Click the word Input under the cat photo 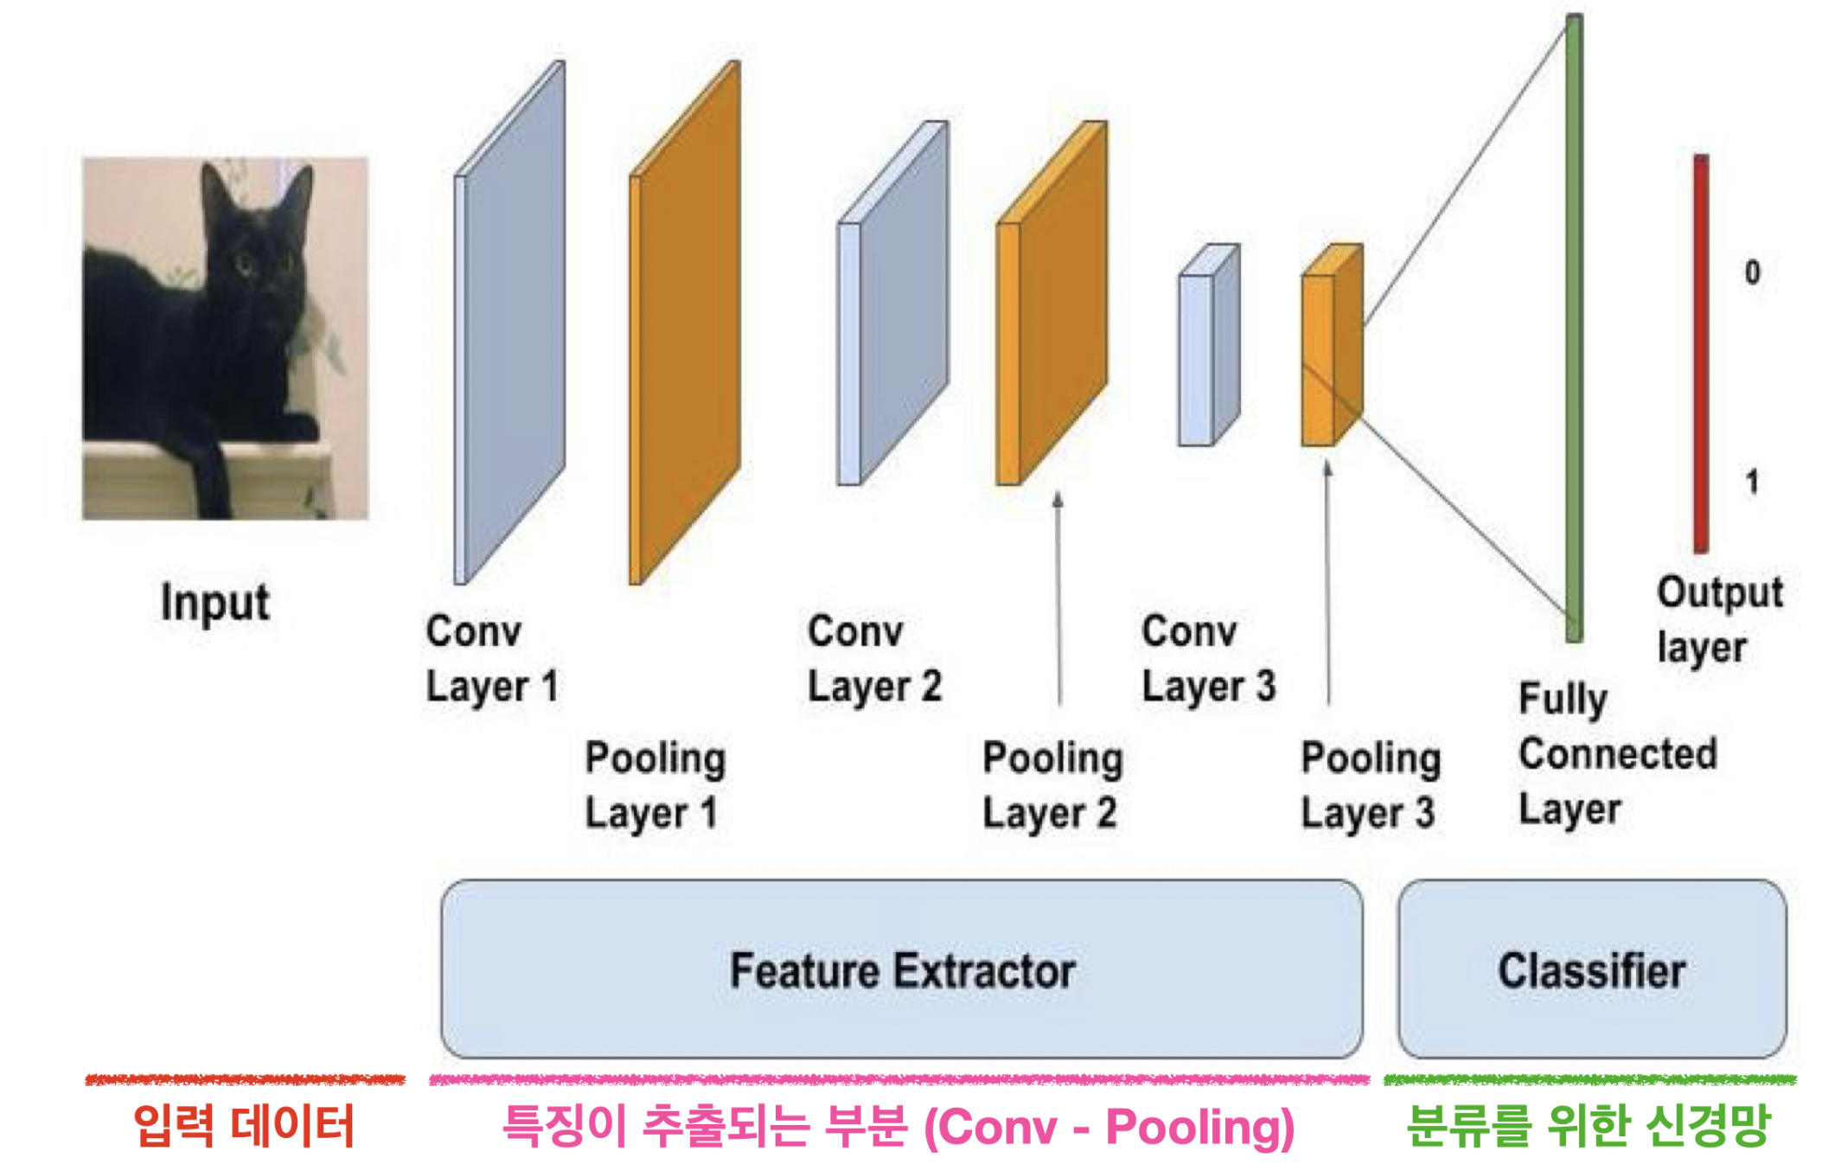pos(214,603)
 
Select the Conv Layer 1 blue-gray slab pos(510,324)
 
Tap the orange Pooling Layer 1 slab pos(686,324)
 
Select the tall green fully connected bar pos(1574,329)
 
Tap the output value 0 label pos(1752,272)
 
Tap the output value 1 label pos(1752,482)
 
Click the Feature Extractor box pos(901,969)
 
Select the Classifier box pos(1591,969)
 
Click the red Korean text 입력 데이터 pos(244,1126)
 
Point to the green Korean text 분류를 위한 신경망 pos(1589,1126)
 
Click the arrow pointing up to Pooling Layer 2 pos(1058,597)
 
